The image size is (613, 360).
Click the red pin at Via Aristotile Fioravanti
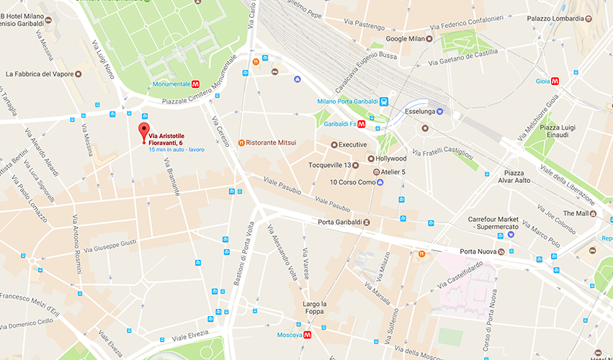point(143,131)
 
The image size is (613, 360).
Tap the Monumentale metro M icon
point(196,84)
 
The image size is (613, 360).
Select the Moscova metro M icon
point(308,335)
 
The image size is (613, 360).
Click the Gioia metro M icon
point(555,81)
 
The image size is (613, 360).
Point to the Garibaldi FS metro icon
point(362,124)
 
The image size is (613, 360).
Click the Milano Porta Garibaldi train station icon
point(385,102)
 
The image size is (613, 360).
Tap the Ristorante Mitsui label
point(271,143)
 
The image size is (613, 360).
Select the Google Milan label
point(406,39)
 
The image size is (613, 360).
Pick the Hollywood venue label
point(391,158)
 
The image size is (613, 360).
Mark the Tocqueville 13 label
point(329,165)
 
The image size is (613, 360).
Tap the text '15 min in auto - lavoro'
point(176,150)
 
